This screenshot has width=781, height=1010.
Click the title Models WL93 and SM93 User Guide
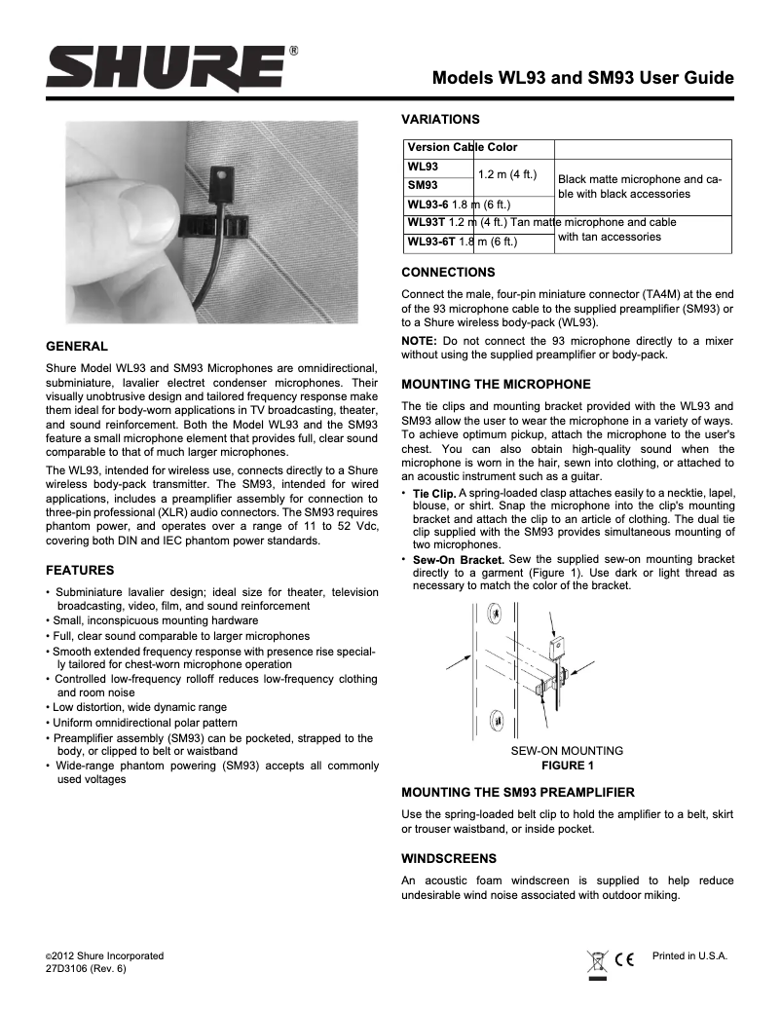[x=582, y=78]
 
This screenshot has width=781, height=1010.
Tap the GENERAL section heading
[x=77, y=346]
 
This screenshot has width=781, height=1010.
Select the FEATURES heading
[x=81, y=569]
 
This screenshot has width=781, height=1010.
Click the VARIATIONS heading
[x=441, y=120]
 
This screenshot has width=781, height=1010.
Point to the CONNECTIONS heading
[x=449, y=272]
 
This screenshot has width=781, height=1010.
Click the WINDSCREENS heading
[x=449, y=858]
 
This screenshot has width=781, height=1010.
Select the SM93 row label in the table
[x=422, y=185]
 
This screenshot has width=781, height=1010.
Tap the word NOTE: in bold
[x=420, y=340]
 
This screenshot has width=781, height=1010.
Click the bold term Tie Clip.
[x=434, y=497]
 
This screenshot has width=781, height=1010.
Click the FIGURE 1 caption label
[x=567, y=766]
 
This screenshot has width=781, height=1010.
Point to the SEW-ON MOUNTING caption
[x=567, y=751]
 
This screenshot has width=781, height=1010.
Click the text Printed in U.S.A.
[x=689, y=955]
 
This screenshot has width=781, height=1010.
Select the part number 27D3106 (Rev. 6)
[x=86, y=970]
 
